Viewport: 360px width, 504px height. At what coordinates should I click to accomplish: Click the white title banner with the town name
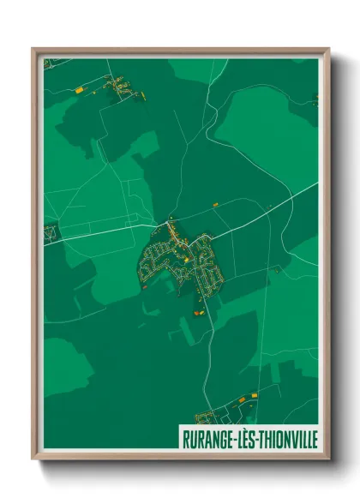point(249,439)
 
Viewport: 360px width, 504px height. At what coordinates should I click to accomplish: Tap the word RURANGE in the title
point(204,439)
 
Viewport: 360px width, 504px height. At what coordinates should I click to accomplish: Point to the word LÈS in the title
point(242,439)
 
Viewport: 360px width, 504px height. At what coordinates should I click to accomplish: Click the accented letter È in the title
point(242,439)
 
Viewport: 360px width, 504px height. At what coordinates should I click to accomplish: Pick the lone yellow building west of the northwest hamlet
point(79,87)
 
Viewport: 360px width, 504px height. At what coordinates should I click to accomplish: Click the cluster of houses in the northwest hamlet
point(119,87)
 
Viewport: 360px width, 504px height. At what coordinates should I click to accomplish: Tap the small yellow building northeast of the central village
point(215,204)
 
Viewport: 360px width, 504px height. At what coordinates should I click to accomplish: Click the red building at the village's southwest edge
point(144,287)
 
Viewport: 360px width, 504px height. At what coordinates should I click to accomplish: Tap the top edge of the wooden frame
point(180,51)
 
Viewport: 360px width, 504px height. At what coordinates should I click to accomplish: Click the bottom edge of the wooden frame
point(180,455)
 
